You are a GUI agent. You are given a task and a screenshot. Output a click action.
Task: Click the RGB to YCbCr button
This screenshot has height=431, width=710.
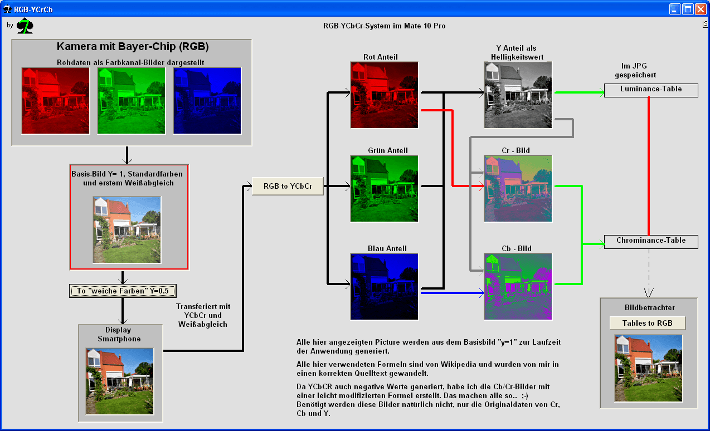tap(288, 186)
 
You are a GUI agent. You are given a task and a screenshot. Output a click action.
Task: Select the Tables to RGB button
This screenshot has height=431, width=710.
tap(647, 323)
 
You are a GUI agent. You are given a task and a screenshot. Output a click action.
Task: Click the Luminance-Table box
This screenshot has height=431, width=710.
tap(651, 90)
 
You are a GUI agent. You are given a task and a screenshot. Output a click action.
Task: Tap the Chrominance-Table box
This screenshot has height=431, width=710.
tap(651, 242)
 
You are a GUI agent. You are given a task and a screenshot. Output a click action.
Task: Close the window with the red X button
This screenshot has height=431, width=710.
tap(700, 9)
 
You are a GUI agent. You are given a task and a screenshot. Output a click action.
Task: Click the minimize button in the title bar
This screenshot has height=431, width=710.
tap(674, 9)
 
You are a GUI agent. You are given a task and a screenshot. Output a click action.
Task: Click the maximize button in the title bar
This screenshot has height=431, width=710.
tap(688, 9)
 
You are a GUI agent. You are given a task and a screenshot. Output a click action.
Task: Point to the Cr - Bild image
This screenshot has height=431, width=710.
tap(518, 188)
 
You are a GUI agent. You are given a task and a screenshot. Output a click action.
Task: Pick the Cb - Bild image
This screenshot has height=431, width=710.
tap(518, 287)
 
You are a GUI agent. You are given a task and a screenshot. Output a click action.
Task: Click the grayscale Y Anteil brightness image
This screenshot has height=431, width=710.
tap(518, 95)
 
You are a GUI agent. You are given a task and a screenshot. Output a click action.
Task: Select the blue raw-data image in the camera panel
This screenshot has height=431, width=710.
tap(207, 101)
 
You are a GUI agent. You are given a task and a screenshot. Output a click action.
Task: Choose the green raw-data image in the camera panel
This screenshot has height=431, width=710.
tap(131, 101)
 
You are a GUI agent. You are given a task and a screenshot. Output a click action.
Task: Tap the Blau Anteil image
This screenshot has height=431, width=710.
tap(384, 287)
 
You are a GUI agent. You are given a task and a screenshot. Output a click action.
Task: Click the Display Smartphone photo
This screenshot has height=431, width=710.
tap(120, 381)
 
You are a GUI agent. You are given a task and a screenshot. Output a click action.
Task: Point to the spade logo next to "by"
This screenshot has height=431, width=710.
tap(25, 26)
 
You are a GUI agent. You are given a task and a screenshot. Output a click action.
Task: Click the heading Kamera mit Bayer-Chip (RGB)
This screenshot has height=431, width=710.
tap(133, 47)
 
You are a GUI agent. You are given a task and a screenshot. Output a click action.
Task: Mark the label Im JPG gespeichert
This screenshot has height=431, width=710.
tap(635, 70)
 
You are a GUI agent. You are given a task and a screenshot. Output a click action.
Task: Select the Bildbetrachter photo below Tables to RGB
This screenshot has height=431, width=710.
tap(649, 368)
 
